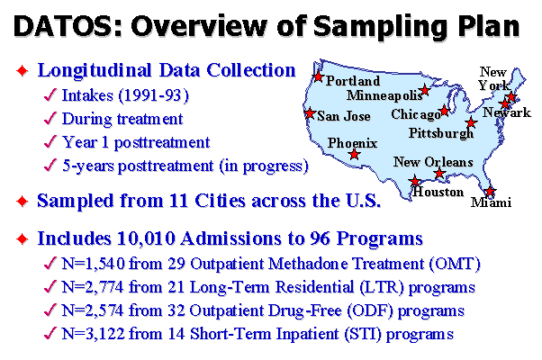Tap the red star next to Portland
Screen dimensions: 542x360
(x=318, y=76)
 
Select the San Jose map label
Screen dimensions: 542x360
(x=344, y=116)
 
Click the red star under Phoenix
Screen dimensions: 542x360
(x=354, y=155)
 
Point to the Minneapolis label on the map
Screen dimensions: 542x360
(x=384, y=95)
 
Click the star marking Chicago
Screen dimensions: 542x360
(x=445, y=111)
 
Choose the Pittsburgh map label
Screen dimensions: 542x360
(x=441, y=133)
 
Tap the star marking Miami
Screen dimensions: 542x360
(x=490, y=191)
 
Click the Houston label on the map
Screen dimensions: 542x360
(x=438, y=192)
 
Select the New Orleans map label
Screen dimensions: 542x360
(x=433, y=162)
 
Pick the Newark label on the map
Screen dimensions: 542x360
(x=506, y=112)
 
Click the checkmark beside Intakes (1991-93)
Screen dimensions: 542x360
(x=50, y=95)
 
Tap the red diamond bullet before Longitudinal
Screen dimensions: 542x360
(x=23, y=71)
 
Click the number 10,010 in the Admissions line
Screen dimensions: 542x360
(x=146, y=238)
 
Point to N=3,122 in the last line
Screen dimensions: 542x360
(x=93, y=334)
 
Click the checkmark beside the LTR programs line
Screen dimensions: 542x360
(x=50, y=287)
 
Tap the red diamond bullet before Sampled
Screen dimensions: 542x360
(x=23, y=201)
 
